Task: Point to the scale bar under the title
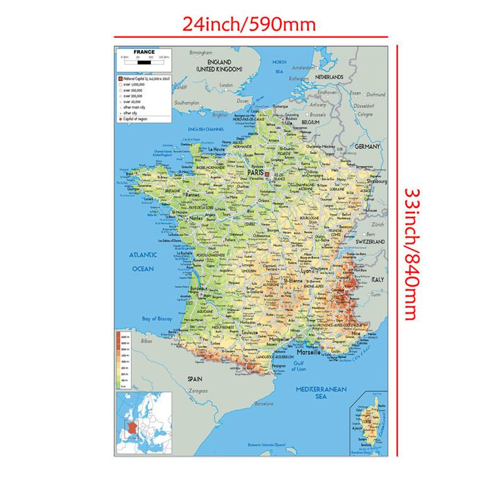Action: pos(145,62)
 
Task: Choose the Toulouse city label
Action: pos(235,332)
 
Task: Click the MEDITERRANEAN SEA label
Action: pos(321,393)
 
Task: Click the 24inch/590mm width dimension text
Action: pos(248,25)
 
